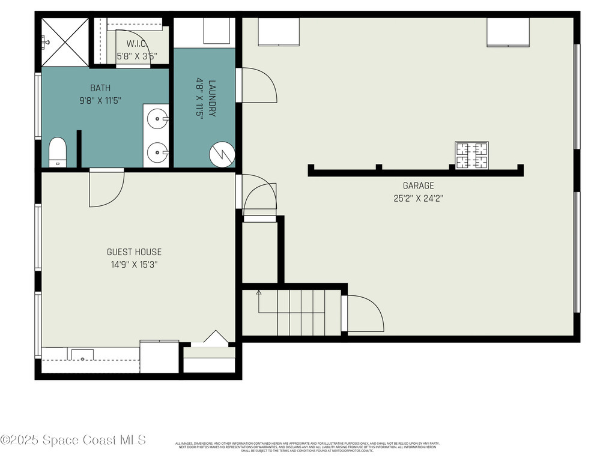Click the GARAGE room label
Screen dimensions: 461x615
418,186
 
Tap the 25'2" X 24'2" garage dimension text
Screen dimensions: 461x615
418,197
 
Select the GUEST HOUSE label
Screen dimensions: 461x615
134,252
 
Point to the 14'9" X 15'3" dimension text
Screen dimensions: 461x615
134,264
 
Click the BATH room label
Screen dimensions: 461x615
100,88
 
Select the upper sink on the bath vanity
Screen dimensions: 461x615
157,118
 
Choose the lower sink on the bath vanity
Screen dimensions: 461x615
157,152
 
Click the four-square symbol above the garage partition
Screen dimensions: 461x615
471,155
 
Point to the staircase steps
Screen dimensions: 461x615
300,312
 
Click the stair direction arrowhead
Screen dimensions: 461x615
259,293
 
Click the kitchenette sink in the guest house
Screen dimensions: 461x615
82,355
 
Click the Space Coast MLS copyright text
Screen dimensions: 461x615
73,440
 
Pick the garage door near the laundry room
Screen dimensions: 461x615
257,85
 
